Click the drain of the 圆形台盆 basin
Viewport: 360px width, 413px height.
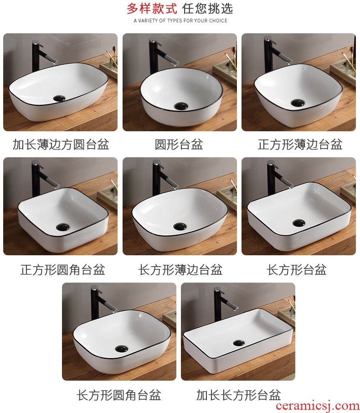tap(181, 106)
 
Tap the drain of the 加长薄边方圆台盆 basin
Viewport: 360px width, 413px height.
tap(59, 98)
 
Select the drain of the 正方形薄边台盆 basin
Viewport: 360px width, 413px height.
tap(298, 103)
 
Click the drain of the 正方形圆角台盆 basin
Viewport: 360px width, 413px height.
tap(63, 227)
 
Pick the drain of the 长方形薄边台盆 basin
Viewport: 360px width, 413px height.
tap(180, 226)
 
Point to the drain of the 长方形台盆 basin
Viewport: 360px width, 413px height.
tap(299, 223)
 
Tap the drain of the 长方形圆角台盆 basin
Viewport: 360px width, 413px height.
tap(122, 348)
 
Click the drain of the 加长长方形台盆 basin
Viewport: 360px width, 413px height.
tap(239, 343)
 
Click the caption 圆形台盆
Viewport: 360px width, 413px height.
tap(179, 145)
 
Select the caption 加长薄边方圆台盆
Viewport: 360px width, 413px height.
tap(61, 145)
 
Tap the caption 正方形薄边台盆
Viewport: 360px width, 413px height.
tap(300, 145)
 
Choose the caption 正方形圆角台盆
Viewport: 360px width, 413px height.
tap(63, 270)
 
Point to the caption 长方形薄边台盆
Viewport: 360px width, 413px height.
tap(180, 270)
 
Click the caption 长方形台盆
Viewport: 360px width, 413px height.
tap(297, 270)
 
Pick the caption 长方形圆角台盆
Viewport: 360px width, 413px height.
tap(119, 395)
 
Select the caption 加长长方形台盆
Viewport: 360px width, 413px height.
tap(239, 395)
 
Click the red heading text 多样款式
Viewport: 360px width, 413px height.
tap(152, 8)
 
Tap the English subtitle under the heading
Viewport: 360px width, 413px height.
tap(180, 21)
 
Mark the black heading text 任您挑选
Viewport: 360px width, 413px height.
tap(207, 8)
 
